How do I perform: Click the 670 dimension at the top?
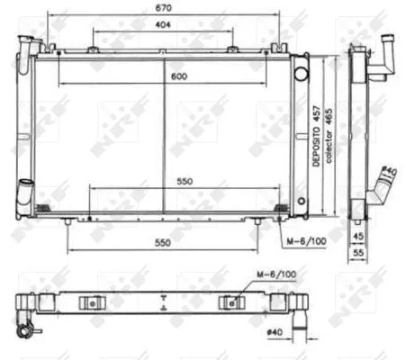163,7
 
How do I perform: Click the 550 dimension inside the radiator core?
185,180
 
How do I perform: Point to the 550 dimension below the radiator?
163,243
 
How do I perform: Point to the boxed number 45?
358,238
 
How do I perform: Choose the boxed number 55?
358,255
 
